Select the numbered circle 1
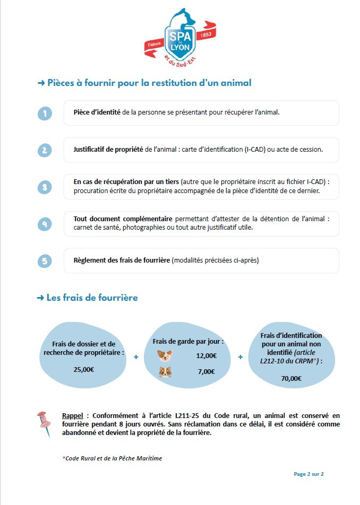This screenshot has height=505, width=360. (45, 114)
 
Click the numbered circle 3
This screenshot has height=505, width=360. (45, 187)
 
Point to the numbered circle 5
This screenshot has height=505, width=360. (45, 261)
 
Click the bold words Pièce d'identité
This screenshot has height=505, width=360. (97, 112)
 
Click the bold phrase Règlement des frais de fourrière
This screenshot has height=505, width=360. (122, 260)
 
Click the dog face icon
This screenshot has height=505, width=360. (165, 355)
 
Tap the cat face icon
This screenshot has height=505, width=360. (165, 372)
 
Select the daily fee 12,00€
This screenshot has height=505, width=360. (206, 355)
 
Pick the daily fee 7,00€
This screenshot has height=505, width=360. (206, 371)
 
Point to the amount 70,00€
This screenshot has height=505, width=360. (291, 378)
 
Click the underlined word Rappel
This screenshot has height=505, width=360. (73, 415)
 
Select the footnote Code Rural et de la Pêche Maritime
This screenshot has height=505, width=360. (113, 458)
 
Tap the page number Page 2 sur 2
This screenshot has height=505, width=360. (308, 474)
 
